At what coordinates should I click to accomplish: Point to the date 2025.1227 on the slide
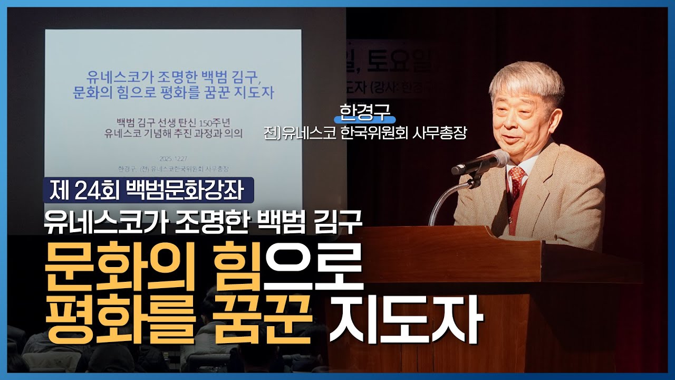(x=172, y=158)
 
